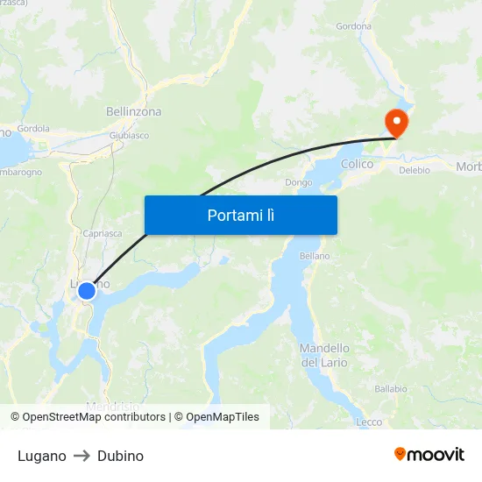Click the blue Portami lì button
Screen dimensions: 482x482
point(240,215)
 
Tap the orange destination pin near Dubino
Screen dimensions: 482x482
point(397,122)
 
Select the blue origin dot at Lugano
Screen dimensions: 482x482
point(87,291)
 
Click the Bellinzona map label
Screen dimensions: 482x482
point(133,112)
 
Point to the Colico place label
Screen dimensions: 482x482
point(357,164)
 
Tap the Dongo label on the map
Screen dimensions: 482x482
point(298,183)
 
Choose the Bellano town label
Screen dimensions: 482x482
point(315,256)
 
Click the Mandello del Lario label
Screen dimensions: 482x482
point(324,355)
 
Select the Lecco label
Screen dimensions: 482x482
point(369,422)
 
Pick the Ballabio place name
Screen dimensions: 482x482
point(391,388)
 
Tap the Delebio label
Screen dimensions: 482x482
point(415,170)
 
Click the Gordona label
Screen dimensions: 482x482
point(353,26)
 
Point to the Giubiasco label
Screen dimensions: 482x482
point(129,136)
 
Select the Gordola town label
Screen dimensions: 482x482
point(33,128)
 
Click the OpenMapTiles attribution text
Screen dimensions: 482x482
point(223,417)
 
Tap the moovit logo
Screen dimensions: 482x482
point(429,454)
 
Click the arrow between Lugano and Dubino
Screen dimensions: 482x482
point(82,456)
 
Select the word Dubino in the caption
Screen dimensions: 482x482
point(120,456)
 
